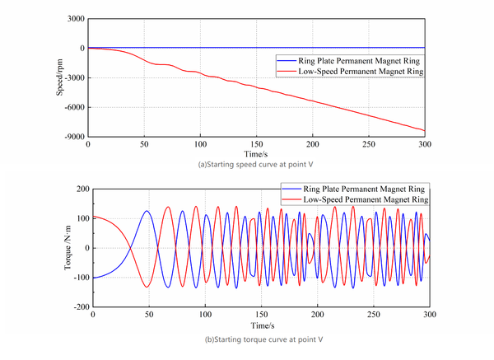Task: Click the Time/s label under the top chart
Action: pyautogui.click(x=256, y=154)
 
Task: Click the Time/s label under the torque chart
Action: pyautogui.click(x=261, y=325)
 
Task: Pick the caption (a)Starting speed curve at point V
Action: pyautogui.click(x=255, y=165)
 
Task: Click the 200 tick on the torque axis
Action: pyautogui.click(x=81, y=189)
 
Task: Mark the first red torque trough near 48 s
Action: pyautogui.click(x=147, y=287)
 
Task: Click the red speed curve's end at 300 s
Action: pyautogui.click(x=424, y=130)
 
